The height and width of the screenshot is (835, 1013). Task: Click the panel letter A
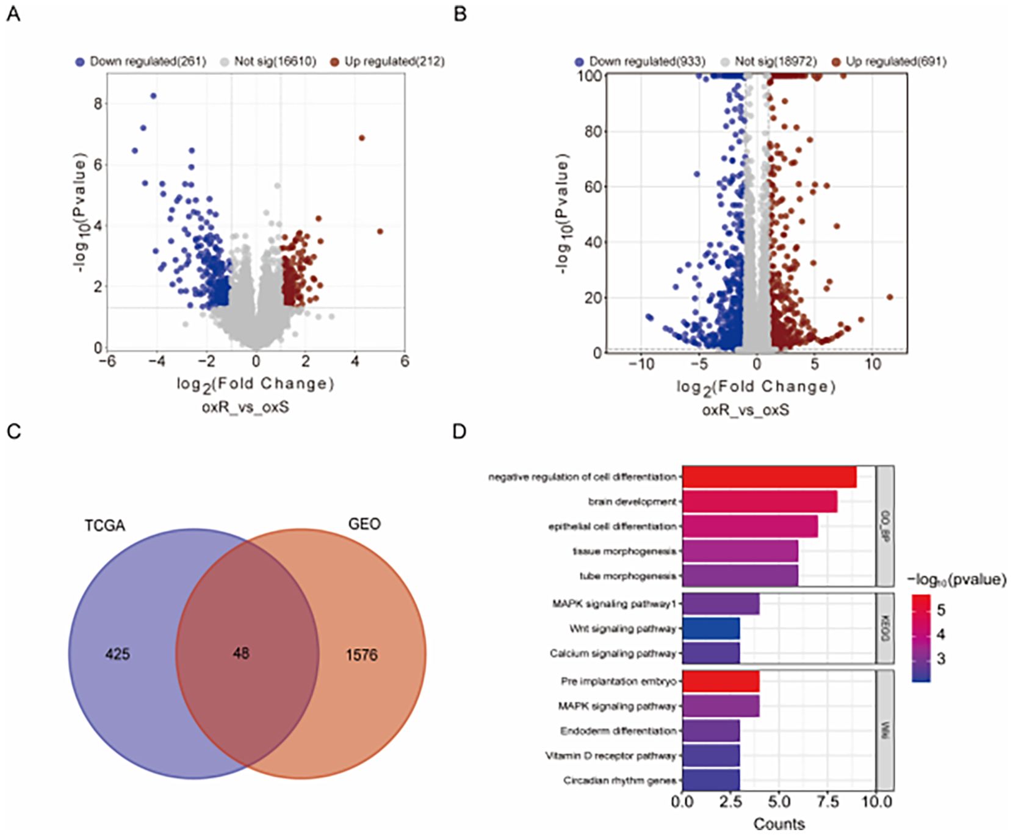tap(13, 13)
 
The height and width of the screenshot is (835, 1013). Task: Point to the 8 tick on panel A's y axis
tap(98, 104)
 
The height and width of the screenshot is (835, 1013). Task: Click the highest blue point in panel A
tap(154, 96)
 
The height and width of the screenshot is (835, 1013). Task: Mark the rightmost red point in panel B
tap(889, 297)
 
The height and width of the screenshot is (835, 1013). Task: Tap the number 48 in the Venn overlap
tap(241, 653)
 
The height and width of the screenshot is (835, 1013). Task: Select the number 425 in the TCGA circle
tap(117, 654)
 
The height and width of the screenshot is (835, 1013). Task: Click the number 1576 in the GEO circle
tap(362, 655)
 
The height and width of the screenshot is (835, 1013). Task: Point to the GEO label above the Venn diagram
tap(364, 524)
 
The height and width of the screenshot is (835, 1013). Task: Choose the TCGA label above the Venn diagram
tap(105, 525)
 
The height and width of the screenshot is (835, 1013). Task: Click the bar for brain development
tap(759, 501)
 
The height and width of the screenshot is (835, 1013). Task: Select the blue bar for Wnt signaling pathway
tap(711, 628)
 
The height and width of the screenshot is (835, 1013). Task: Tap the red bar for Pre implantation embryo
tap(721, 681)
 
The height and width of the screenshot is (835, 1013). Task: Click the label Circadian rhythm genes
tap(619, 781)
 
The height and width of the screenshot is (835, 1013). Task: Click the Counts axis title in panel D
tap(779, 823)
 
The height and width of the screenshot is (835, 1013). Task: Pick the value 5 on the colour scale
tap(940, 609)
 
